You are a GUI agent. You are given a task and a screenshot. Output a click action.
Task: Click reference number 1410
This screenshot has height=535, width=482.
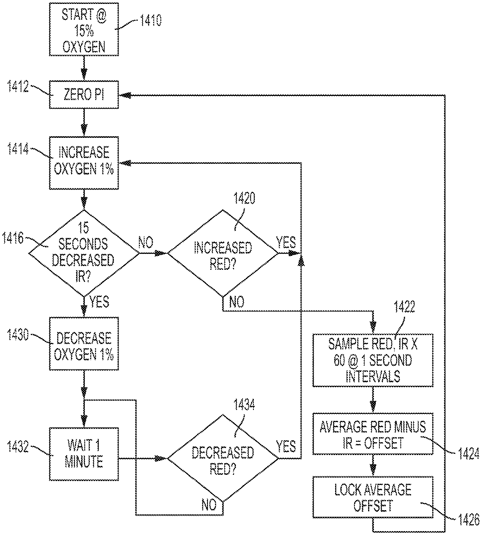151,20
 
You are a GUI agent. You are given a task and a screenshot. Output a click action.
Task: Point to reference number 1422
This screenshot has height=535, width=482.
404,307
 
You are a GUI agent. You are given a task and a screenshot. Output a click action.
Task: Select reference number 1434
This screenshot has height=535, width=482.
244,404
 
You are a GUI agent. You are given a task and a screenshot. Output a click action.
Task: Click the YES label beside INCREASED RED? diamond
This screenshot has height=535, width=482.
286,242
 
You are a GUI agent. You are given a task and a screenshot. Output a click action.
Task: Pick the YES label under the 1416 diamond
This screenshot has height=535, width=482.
100,302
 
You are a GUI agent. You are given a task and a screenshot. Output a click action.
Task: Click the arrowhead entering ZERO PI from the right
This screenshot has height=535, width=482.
125,95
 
